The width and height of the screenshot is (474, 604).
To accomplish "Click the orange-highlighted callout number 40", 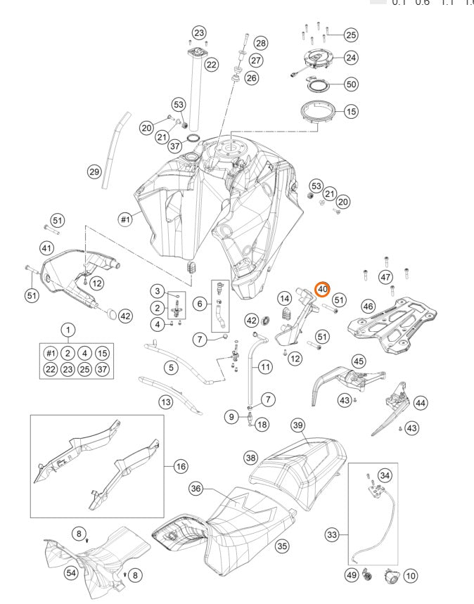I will pyautogui.click(x=322, y=288).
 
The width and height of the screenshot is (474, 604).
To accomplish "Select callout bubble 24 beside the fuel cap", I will pyautogui.click(x=351, y=58).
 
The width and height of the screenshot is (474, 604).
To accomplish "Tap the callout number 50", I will pyautogui.click(x=351, y=84).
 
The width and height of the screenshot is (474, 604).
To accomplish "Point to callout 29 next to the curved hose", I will pyautogui.click(x=94, y=171).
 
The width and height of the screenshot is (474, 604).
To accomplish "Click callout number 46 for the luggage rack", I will pyautogui.click(x=368, y=307).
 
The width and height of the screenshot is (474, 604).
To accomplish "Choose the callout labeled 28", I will pyautogui.click(x=261, y=44).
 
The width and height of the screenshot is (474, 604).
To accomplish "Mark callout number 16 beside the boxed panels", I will pyautogui.click(x=181, y=466).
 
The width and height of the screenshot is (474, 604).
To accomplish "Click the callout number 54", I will pyautogui.click(x=71, y=574).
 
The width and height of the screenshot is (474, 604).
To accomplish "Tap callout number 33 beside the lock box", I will pyautogui.click(x=331, y=535).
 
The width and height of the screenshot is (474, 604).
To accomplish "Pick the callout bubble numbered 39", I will pyautogui.click(x=297, y=425).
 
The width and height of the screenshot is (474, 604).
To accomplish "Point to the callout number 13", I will pyautogui.click(x=165, y=403).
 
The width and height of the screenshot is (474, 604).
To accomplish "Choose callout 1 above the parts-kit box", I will pyautogui.click(x=68, y=329).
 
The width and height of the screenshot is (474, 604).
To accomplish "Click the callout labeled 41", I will pyautogui.click(x=46, y=248).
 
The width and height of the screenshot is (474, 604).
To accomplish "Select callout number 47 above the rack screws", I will pyautogui.click(x=385, y=278).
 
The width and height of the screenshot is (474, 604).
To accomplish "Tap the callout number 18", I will pyautogui.click(x=262, y=424).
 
